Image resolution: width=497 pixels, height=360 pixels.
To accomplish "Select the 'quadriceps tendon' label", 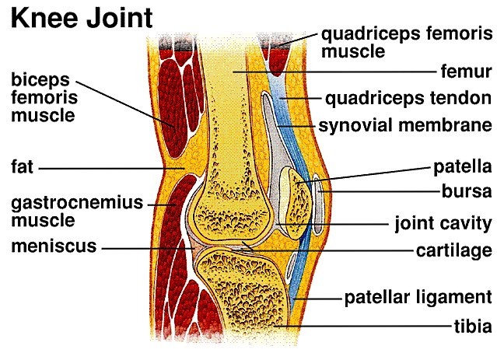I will [408, 99].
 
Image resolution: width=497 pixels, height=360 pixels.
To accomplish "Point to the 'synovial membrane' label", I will [404, 124].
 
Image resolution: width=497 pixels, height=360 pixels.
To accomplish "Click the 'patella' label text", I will [463, 166].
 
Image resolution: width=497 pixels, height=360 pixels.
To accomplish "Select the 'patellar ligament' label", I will [418, 297].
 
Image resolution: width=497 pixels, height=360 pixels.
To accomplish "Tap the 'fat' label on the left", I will [21, 167].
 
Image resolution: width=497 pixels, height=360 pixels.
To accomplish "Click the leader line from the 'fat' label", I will [109, 167].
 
